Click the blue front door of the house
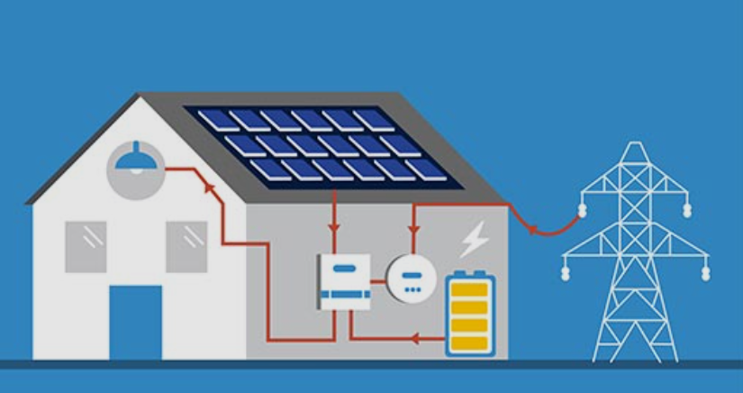[x=136, y=323]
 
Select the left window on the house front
[x=86, y=246]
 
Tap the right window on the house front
[x=186, y=246]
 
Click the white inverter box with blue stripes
[x=344, y=281]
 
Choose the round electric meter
[x=412, y=277]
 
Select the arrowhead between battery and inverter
[x=415, y=340]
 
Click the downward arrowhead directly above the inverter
[x=335, y=225]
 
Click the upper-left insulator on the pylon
[x=581, y=210]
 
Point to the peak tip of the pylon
[x=636, y=142]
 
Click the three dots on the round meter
[x=412, y=288]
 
